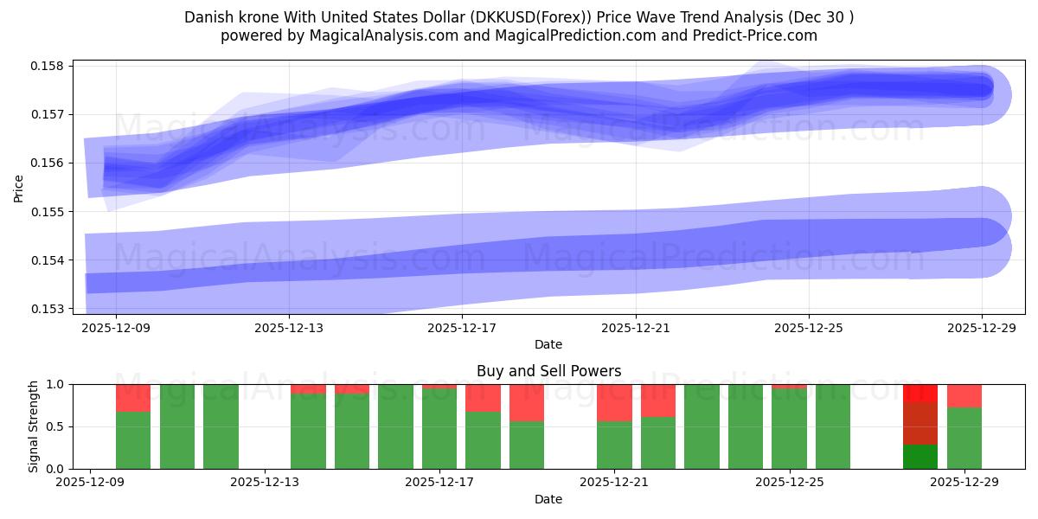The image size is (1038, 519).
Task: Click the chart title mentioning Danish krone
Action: [518, 17]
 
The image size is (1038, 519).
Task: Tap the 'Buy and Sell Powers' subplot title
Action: [548, 371]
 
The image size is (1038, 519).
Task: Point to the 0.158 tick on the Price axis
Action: [51, 66]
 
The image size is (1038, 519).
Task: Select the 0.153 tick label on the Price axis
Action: [51, 309]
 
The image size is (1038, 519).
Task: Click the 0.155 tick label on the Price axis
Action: [51, 212]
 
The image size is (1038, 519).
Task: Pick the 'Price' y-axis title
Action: [19, 187]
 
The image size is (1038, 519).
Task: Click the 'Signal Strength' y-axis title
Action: [33, 426]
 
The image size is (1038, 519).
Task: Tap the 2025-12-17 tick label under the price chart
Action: [462, 328]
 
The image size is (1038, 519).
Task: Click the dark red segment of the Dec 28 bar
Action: [920, 424]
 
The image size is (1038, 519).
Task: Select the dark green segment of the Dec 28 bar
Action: [920, 457]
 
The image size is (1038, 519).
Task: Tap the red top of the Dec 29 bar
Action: [964, 395]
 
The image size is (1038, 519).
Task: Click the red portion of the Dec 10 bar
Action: [133, 398]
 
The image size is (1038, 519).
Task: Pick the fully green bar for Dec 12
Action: [221, 426]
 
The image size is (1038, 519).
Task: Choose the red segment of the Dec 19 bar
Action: [527, 402]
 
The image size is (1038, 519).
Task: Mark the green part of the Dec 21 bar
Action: [614, 445]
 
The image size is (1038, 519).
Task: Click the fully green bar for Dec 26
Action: [833, 426]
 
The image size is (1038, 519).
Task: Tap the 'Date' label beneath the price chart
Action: [548, 344]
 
